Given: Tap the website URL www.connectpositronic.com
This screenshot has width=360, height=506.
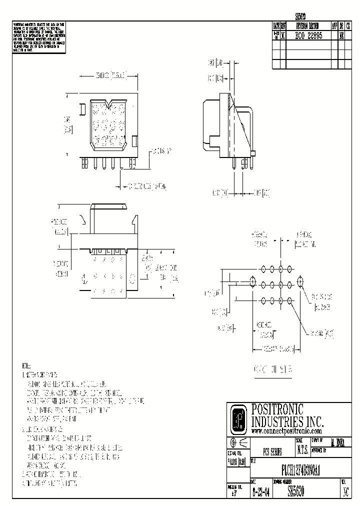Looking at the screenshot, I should pos(286,431).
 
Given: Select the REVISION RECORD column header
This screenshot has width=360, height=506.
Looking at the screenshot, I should pos(307,25).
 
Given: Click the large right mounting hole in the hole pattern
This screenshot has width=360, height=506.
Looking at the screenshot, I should pos(300,283).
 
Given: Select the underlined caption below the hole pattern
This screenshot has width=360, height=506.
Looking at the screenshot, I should pos(273,369).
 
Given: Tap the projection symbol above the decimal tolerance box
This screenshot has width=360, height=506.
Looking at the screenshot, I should pos(238,443).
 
